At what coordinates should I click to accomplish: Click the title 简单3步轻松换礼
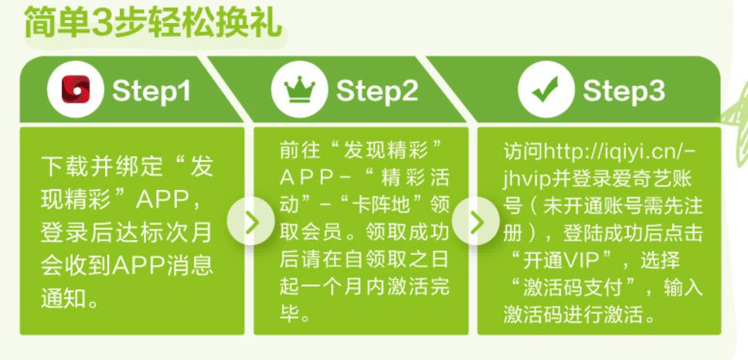(x=153, y=22)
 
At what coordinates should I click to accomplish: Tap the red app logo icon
(x=76, y=89)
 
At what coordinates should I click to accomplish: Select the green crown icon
(x=300, y=89)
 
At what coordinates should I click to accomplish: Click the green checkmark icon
(x=546, y=89)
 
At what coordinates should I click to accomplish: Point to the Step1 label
(x=151, y=90)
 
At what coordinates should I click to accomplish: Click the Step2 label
(x=377, y=90)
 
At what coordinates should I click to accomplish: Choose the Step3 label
(x=624, y=90)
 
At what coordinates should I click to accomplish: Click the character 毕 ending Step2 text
(x=290, y=314)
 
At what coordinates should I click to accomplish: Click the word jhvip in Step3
(x=527, y=179)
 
